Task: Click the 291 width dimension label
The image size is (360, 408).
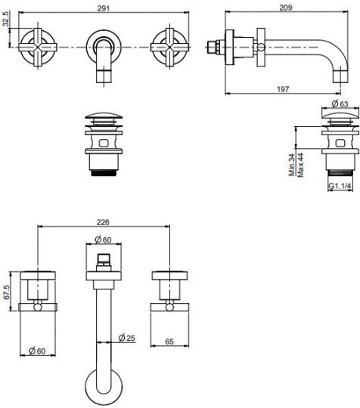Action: (x=104, y=8)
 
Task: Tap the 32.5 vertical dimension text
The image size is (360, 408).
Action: (x=5, y=19)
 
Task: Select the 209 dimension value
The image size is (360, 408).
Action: (x=286, y=8)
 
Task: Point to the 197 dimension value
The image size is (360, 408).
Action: (x=283, y=89)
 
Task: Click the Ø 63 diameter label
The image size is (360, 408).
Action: (x=340, y=104)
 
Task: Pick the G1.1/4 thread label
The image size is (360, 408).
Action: (x=340, y=186)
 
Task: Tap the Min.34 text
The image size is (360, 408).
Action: (x=292, y=165)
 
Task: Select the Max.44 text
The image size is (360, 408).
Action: (x=300, y=165)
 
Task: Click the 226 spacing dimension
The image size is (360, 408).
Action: (x=103, y=222)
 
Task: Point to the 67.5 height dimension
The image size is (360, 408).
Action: (x=6, y=292)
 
